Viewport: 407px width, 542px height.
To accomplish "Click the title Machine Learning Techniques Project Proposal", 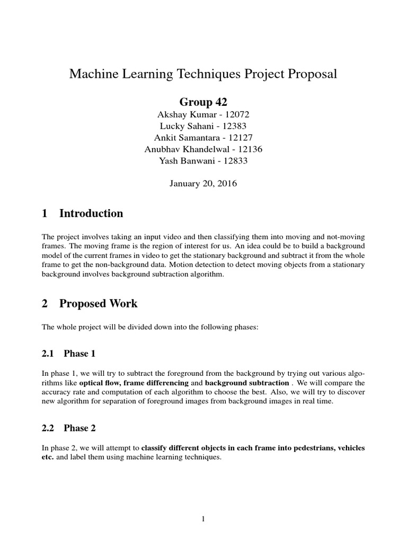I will point(203,74).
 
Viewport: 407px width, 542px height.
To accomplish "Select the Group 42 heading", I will point(203,102).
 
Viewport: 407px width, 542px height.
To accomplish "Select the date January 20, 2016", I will point(203,184).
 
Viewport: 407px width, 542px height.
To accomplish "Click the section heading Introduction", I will point(91,214).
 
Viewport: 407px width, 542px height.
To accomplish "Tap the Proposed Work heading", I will point(98,304).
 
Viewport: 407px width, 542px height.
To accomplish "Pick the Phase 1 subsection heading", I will point(79,353).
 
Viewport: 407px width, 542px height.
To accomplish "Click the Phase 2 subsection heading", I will point(79,428).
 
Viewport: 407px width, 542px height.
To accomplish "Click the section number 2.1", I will point(49,353).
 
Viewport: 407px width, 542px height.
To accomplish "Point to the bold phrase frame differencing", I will point(156,383).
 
